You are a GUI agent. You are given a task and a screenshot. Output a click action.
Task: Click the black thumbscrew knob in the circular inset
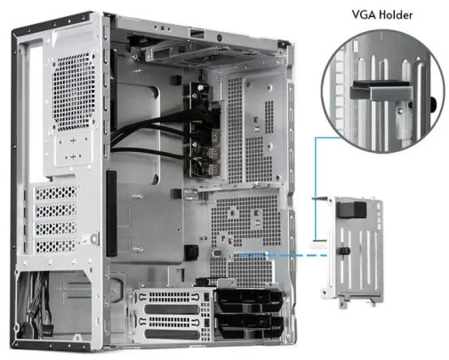(x=433, y=104)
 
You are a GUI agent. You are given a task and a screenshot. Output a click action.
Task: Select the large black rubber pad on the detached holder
(x=352, y=210)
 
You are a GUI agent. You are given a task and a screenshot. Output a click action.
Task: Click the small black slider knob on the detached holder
(x=345, y=251)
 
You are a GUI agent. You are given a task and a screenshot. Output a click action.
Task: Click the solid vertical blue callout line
(x=316, y=188)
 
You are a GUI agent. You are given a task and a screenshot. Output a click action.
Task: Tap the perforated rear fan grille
(x=74, y=92)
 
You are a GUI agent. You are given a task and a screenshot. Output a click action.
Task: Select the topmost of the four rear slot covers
(x=56, y=193)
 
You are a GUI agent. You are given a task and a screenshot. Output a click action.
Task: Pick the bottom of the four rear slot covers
(x=56, y=246)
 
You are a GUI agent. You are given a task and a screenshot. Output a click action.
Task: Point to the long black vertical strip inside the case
(x=111, y=213)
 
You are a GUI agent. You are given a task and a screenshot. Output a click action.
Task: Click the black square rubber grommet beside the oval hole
(x=191, y=252)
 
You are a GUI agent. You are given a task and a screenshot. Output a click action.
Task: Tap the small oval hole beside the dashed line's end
(x=217, y=253)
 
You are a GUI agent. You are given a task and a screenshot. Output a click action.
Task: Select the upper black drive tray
(x=248, y=300)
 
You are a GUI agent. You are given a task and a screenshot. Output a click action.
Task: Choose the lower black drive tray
(x=248, y=326)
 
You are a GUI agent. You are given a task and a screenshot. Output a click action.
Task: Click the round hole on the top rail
(x=220, y=37)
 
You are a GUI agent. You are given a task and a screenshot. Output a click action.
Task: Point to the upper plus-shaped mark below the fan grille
(x=73, y=140)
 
